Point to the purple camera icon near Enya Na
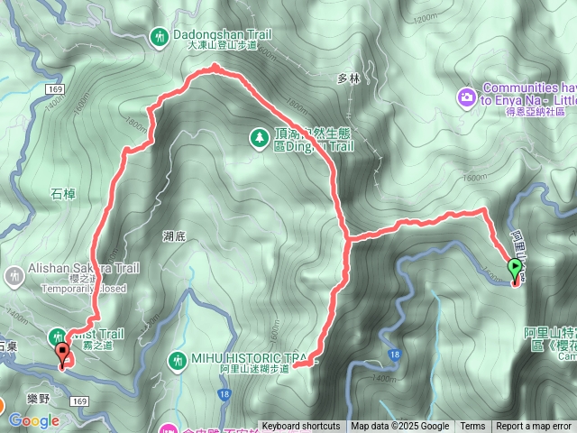466,96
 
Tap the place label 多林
348,79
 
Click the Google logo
33,420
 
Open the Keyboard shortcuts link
301,427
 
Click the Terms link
472,427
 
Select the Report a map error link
534,427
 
